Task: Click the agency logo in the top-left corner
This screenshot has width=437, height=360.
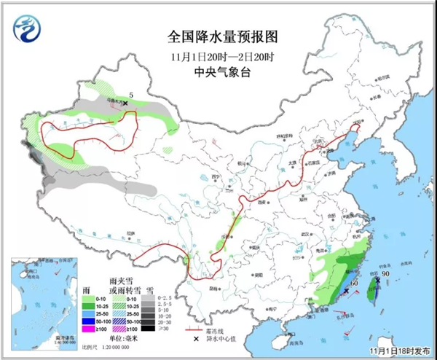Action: pos(27,28)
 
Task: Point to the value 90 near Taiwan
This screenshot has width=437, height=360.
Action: pos(386,275)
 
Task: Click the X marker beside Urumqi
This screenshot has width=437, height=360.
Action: pos(125,104)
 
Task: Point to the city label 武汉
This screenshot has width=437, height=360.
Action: pos(294,232)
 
